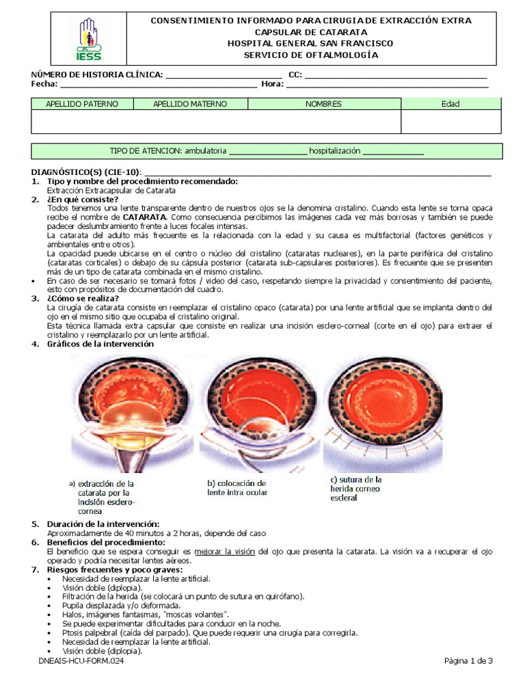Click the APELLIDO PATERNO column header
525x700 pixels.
81,104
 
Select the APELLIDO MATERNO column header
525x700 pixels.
190,104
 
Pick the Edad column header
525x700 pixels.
450,104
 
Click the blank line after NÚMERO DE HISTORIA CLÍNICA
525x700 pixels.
224,75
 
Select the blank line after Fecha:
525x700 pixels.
159,85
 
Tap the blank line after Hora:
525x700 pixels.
387,85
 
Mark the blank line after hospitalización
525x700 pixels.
393,152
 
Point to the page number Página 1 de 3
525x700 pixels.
468,660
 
